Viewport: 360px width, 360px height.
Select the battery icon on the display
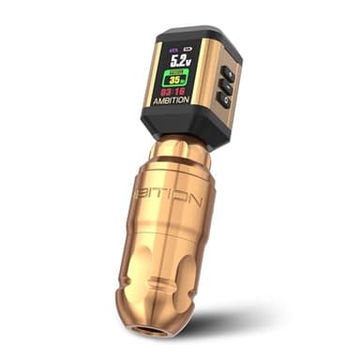tap(188, 49)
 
